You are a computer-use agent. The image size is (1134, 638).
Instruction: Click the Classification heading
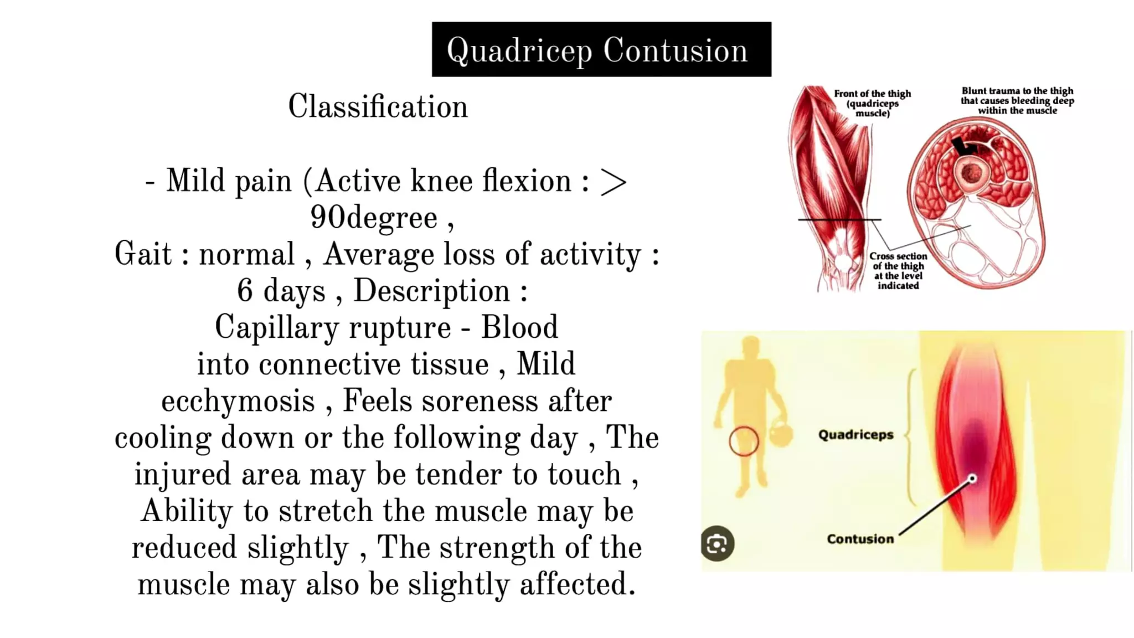coord(378,106)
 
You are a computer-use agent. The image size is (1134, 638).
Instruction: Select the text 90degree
coord(374,218)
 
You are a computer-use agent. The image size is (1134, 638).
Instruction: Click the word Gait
coord(143,255)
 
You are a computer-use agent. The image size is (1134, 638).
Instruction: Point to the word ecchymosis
coord(238,402)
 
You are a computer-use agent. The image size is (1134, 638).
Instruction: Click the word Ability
coord(187,511)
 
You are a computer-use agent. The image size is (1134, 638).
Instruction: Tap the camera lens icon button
coord(718,544)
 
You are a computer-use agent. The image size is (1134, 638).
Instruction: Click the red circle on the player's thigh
coord(744,441)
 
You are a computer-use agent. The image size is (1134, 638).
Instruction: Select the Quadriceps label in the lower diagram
coord(855,435)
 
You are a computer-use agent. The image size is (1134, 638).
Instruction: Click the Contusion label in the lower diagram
coord(860,539)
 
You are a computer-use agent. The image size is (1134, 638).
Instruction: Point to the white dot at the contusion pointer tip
coord(972,479)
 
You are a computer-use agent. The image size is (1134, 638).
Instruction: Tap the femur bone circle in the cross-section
coord(971,173)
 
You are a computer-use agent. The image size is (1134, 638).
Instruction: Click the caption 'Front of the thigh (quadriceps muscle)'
coord(872,104)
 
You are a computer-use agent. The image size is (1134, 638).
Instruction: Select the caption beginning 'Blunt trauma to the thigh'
coord(1017,101)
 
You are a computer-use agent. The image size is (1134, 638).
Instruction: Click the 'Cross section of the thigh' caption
coord(898,271)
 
